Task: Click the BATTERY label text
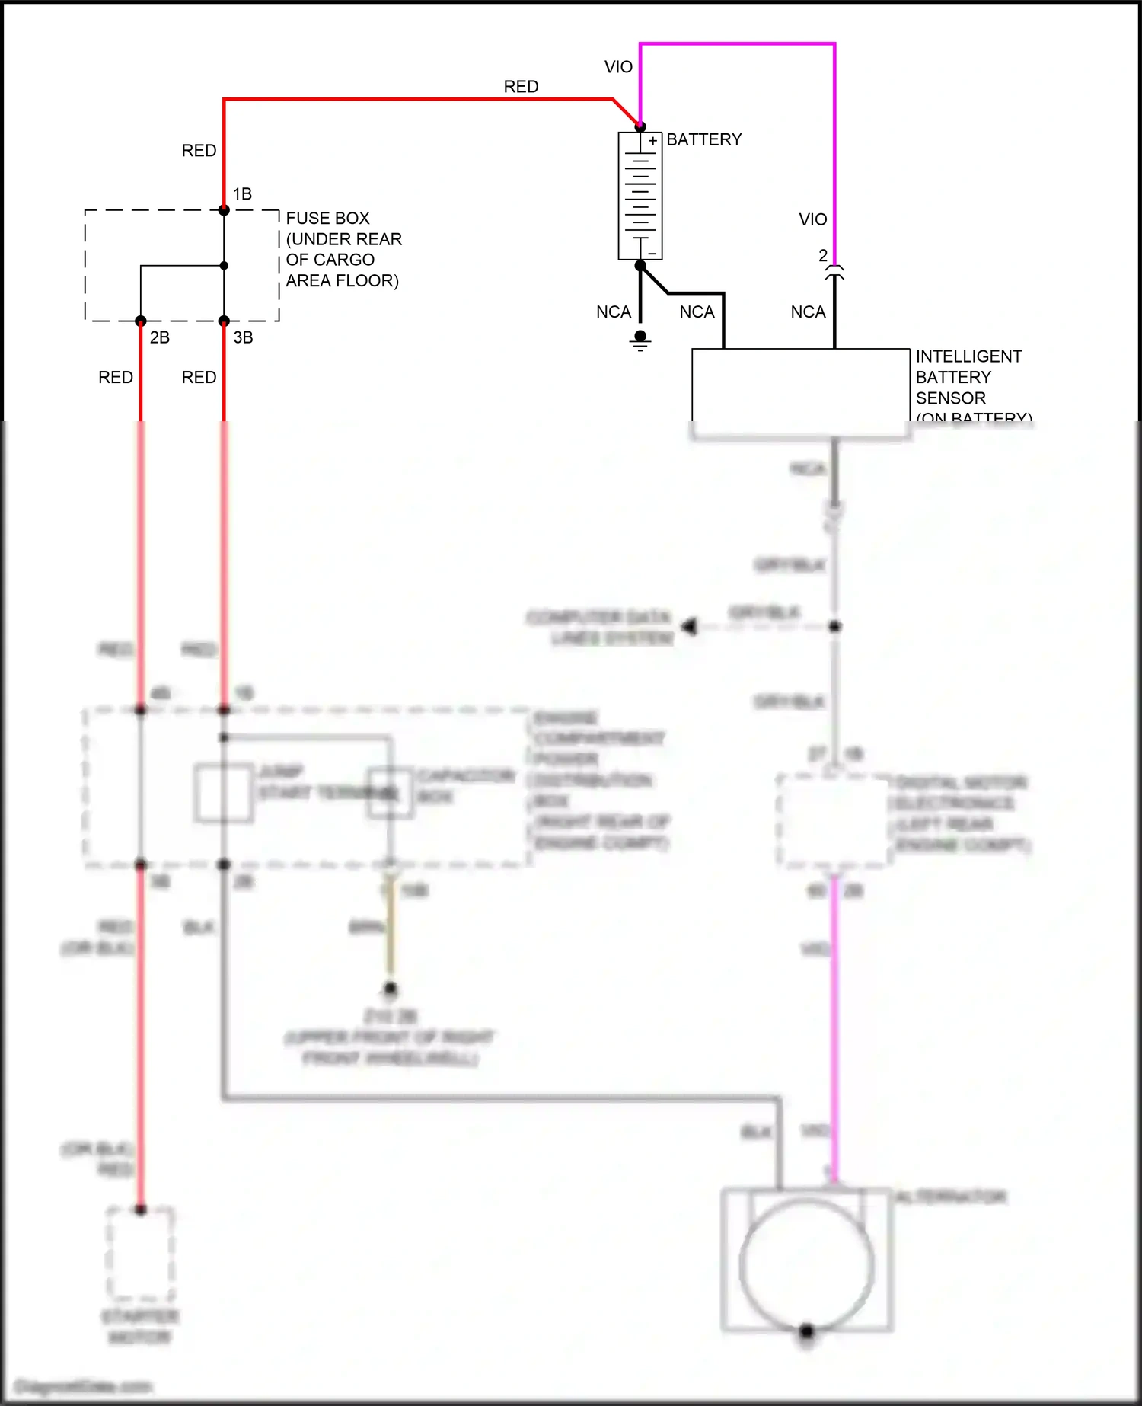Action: [x=703, y=139]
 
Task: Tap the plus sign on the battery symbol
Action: [x=652, y=141]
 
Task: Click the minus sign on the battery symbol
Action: [x=652, y=253]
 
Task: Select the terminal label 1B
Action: [x=242, y=194]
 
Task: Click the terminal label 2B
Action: [x=159, y=337]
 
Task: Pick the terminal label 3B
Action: [x=243, y=337]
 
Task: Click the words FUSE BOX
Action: [x=327, y=219]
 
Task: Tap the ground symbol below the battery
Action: [x=640, y=340]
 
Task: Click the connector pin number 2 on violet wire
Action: [x=823, y=256]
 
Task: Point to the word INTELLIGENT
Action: [x=968, y=356]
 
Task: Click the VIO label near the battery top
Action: [x=618, y=67]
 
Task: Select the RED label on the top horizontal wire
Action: [x=521, y=87]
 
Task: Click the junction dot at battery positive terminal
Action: [x=640, y=126]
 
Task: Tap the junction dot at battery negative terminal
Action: [x=640, y=265]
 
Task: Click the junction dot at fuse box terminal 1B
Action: [x=224, y=210]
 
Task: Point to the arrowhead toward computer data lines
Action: [x=690, y=627]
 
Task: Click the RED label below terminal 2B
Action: [x=116, y=378]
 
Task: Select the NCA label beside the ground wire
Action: [x=614, y=312]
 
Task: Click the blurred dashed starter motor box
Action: [x=140, y=1254]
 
